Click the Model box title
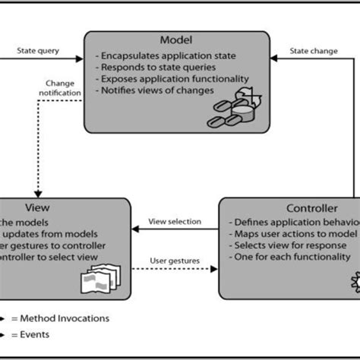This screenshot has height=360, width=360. [175, 39]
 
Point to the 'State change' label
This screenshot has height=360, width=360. [314, 52]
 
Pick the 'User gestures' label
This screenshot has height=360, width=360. [179, 260]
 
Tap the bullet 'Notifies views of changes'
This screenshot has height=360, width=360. [155, 90]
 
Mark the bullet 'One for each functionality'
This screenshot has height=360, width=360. [292, 257]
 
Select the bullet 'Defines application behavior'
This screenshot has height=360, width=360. [292, 222]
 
